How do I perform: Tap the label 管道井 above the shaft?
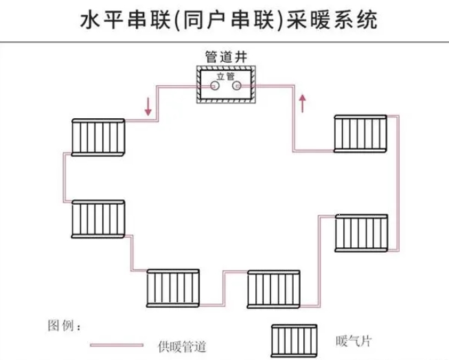point(225,57)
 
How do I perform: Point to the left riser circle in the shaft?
point(215,87)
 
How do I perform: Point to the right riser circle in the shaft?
point(237,87)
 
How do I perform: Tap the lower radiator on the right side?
point(362,234)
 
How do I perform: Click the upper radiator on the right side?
point(361,133)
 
